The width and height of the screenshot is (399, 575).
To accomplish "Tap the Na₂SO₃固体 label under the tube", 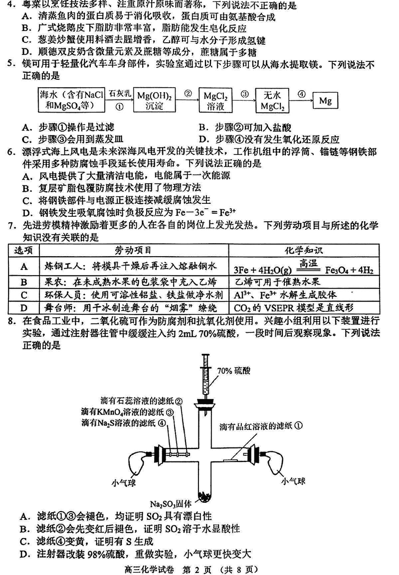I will point(173,504).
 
